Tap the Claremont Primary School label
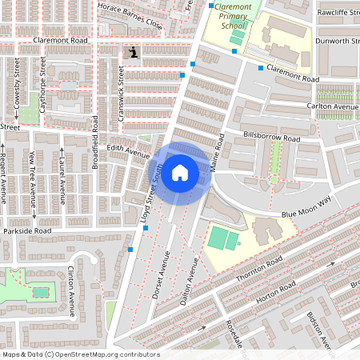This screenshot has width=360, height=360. (x=230, y=15)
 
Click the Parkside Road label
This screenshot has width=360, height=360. (x=26, y=231)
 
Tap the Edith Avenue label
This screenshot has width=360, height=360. (x=129, y=152)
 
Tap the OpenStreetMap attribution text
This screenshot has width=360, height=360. (x=80, y=354)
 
